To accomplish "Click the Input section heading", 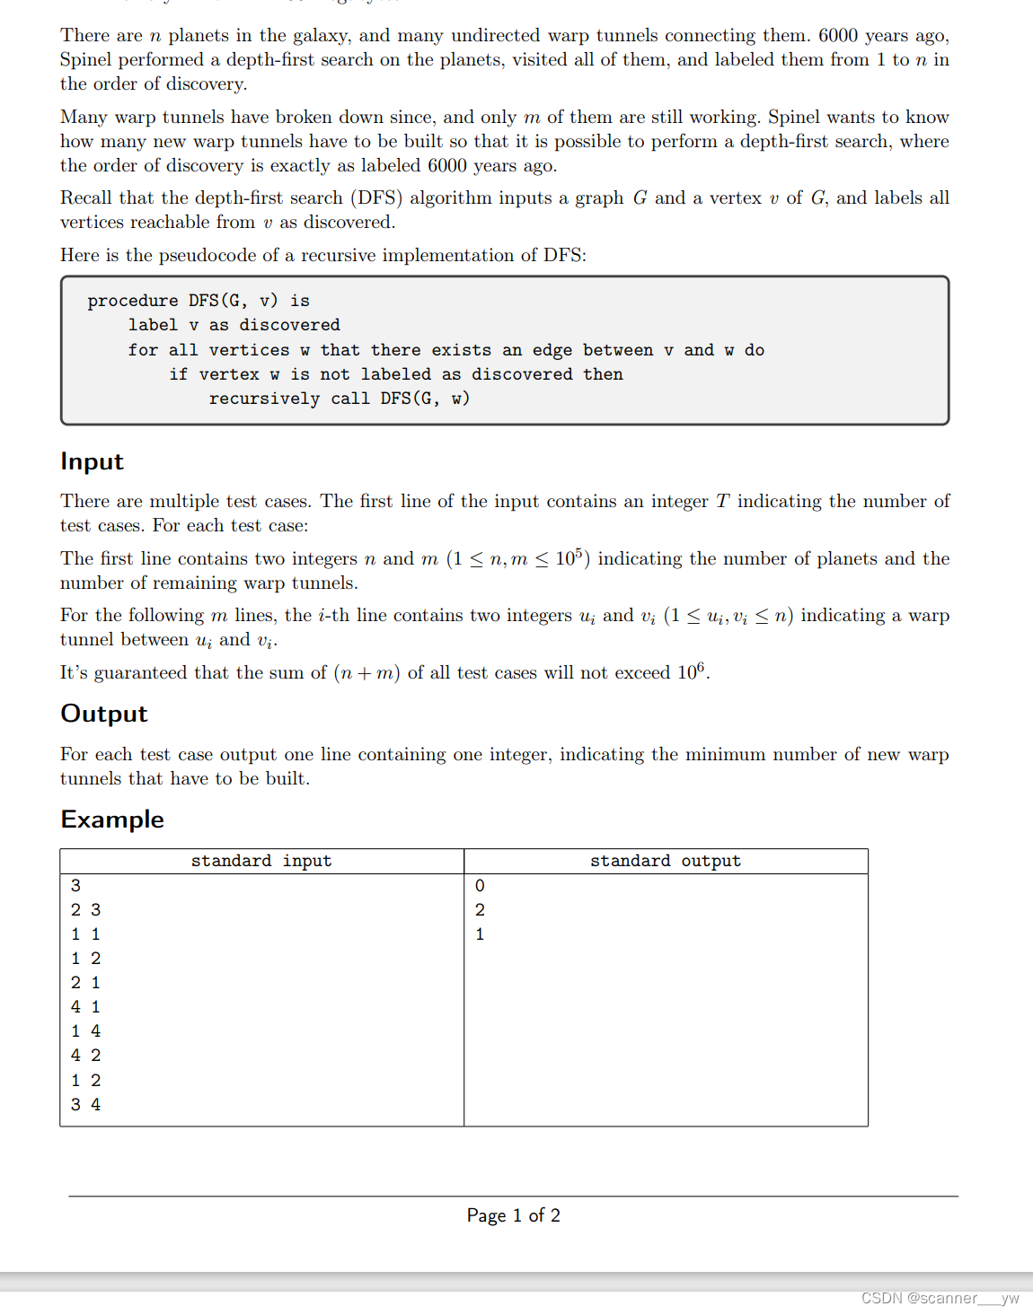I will click(92, 461).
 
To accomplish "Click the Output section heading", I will click(103, 714).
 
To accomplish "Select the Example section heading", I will click(111, 820).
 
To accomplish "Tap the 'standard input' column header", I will click(260, 861).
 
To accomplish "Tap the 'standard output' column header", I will click(665, 861).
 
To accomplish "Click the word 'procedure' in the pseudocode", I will click(132, 301).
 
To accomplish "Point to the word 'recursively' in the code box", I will click(264, 399).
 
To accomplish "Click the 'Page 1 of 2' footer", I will click(513, 1215).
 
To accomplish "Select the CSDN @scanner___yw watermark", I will click(940, 1298).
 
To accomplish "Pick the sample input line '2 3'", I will click(85, 910).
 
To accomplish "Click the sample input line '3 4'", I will click(85, 1105).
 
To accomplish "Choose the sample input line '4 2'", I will click(85, 1056).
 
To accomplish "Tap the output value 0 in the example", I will click(480, 886).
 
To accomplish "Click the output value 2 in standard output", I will click(480, 910).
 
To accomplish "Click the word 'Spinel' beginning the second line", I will click(86, 60).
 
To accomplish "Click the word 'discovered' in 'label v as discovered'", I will click(289, 325).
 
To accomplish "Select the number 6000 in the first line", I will click(837, 36).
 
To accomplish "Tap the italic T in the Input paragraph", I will click(722, 502).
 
